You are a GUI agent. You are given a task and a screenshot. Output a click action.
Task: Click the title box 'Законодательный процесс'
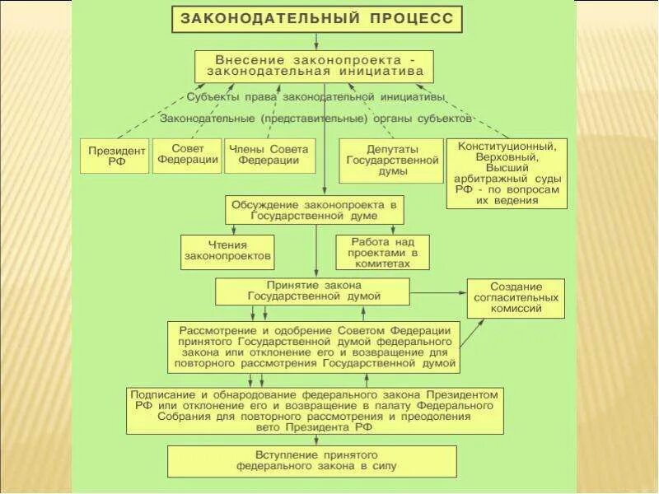(x=317, y=18)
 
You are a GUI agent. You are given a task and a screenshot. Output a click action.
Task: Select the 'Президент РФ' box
(x=115, y=156)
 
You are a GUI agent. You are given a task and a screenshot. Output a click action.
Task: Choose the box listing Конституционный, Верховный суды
(x=507, y=173)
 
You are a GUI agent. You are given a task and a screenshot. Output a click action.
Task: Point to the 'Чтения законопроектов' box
(x=227, y=250)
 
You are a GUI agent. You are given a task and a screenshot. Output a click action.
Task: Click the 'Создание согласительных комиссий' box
(x=516, y=298)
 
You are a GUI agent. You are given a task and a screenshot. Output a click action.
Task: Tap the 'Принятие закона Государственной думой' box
(x=312, y=291)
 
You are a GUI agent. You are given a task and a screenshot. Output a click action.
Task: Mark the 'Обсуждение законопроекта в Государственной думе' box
(x=314, y=209)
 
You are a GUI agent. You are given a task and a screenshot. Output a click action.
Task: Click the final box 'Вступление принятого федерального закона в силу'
(x=312, y=461)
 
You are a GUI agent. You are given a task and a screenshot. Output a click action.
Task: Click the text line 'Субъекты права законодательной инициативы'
(x=315, y=97)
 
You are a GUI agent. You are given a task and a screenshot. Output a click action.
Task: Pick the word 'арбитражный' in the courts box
(x=493, y=179)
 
